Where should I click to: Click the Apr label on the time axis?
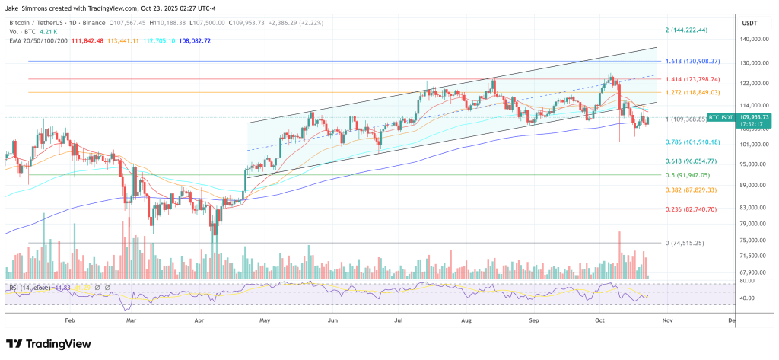point(200,321)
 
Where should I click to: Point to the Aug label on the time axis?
point(466,321)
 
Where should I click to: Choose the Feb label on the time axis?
point(70,321)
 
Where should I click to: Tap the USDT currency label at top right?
point(750,23)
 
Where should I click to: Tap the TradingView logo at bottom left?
point(54,343)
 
